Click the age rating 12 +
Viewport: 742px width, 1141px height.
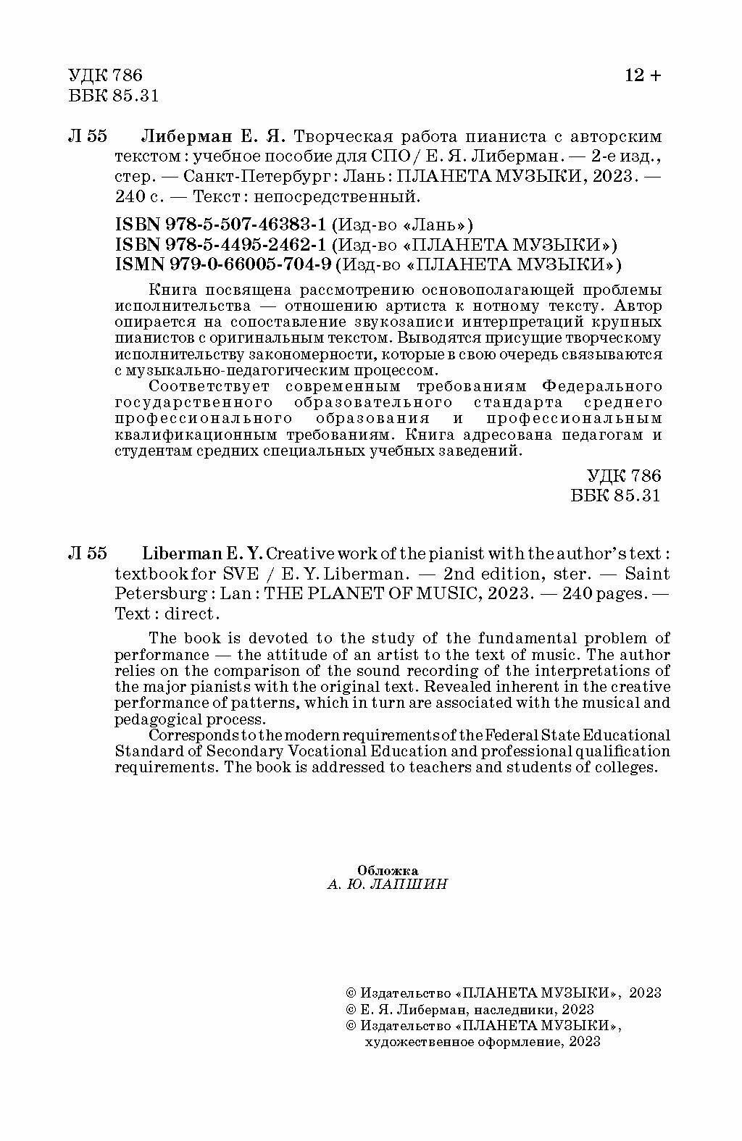tap(643, 75)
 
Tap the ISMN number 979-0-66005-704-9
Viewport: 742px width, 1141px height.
tap(225, 263)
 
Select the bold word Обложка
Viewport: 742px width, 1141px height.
tap(388, 870)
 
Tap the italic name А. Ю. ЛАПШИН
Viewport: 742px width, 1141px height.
tap(388, 885)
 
